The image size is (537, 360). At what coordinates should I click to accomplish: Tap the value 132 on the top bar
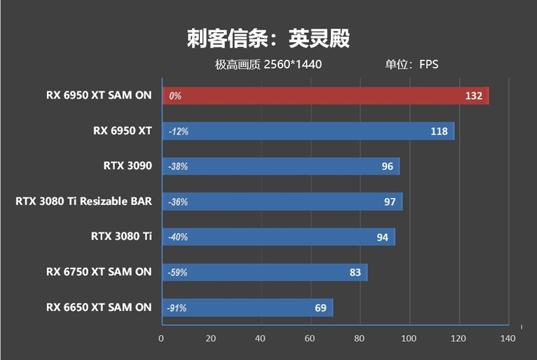pyautogui.click(x=473, y=96)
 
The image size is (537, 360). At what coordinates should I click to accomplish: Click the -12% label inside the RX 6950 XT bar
pyautogui.click(x=179, y=132)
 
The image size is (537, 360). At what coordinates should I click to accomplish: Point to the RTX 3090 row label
pyautogui.click(x=128, y=166)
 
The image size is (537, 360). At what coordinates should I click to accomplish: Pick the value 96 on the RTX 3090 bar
pyautogui.click(x=387, y=167)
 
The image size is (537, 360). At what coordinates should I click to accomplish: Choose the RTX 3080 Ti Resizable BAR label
pyautogui.click(x=84, y=201)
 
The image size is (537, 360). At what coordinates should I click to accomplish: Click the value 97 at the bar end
pyautogui.click(x=390, y=202)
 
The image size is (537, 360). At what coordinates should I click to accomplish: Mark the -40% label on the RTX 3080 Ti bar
pyautogui.click(x=179, y=237)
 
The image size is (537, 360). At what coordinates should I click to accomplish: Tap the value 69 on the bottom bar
pyautogui.click(x=320, y=308)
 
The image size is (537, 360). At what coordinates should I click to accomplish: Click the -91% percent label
pyautogui.click(x=177, y=308)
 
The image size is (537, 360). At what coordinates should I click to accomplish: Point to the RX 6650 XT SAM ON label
pyautogui.click(x=99, y=307)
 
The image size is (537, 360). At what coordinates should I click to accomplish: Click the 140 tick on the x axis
pyautogui.click(x=508, y=339)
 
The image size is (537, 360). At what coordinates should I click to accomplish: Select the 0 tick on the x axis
pyautogui.click(x=161, y=339)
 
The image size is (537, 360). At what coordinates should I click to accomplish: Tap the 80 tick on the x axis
pyautogui.click(x=359, y=339)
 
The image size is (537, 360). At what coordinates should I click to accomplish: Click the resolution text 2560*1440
pyautogui.click(x=293, y=65)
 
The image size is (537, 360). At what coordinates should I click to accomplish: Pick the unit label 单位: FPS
pyautogui.click(x=411, y=65)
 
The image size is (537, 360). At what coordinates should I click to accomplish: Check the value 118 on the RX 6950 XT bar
pyautogui.click(x=439, y=132)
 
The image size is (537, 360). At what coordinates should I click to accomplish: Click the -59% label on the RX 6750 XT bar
pyautogui.click(x=179, y=273)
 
